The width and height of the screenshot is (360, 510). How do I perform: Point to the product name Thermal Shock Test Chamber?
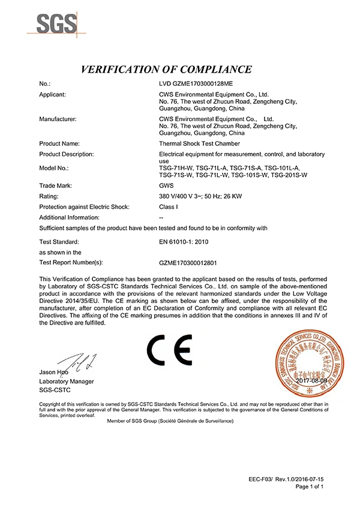pos(196,144)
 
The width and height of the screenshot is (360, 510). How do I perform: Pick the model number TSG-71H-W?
pos(169,168)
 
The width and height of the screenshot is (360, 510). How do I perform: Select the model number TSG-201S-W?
pos(289,175)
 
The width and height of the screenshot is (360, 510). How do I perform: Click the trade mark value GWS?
pos(159,185)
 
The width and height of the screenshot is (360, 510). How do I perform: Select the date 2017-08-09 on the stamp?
pos(311,380)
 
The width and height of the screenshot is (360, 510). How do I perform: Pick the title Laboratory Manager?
pos(67,382)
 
